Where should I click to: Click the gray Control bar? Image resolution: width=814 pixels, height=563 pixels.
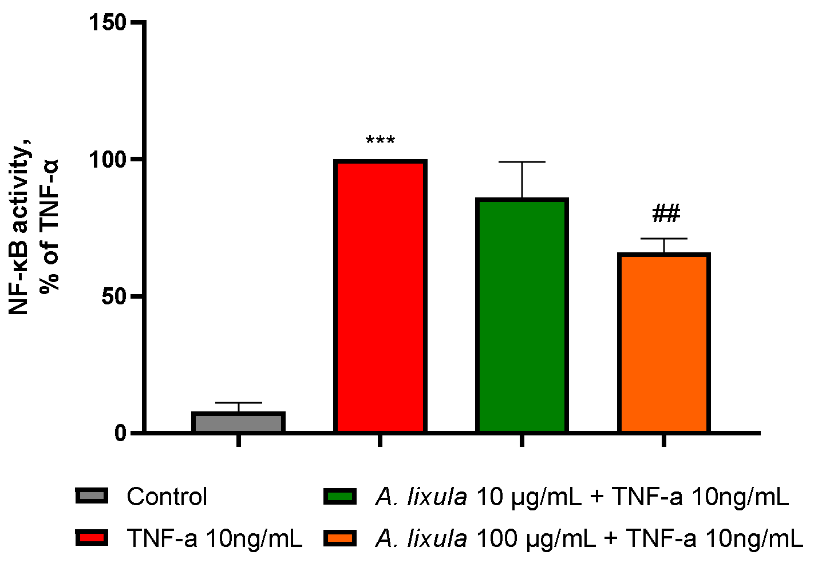(238, 422)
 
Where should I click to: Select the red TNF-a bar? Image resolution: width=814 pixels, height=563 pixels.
(380, 296)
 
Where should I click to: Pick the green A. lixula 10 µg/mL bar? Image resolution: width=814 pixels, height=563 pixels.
(521, 315)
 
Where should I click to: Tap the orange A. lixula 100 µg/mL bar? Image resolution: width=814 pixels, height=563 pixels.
(663, 343)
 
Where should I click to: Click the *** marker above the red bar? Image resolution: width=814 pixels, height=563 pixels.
(380, 141)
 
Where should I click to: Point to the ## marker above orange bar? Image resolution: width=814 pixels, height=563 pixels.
(666, 215)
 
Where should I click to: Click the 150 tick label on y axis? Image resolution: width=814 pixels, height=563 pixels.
(107, 23)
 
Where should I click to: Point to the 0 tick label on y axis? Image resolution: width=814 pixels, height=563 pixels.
(120, 433)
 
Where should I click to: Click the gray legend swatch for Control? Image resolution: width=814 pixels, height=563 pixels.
(92, 496)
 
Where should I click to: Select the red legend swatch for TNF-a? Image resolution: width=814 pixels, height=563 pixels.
(92, 538)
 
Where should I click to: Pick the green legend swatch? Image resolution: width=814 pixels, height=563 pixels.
(340, 496)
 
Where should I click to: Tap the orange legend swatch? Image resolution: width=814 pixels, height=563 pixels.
(340, 538)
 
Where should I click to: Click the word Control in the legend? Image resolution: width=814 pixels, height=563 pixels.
(167, 497)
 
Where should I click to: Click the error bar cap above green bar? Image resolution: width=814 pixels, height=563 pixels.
(521, 162)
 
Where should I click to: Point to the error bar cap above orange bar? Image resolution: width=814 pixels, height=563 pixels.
(663, 239)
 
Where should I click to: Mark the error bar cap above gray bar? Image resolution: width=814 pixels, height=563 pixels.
(238, 403)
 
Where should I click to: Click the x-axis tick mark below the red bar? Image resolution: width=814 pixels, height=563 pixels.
(380, 441)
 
